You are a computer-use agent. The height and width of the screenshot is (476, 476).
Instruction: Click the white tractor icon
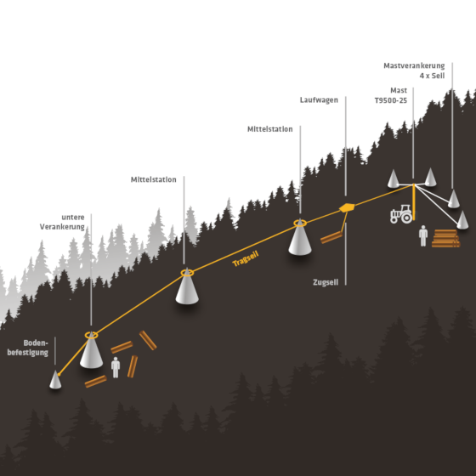[401, 214]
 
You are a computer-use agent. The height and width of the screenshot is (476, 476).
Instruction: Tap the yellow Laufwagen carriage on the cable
[347, 207]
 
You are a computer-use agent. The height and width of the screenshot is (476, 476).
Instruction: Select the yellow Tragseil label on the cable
[246, 258]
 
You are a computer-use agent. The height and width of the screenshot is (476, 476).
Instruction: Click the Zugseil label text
[326, 282]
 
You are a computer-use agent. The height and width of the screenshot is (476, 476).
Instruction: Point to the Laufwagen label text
[319, 100]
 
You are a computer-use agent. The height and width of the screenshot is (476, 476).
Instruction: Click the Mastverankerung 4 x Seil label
[414, 71]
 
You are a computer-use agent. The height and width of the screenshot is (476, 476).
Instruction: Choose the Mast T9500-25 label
[391, 95]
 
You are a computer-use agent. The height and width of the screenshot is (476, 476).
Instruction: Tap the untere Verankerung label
[62, 222]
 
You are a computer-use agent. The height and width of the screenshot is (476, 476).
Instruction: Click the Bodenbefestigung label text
[27, 348]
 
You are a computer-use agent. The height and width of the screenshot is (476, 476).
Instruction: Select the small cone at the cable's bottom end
[55, 379]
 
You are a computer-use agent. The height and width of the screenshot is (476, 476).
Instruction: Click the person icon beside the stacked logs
[423, 236]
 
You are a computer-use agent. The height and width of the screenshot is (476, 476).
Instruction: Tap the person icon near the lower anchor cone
[116, 367]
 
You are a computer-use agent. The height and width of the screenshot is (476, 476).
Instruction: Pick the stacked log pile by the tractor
[445, 238]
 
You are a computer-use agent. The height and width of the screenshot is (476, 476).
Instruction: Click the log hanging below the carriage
[331, 237]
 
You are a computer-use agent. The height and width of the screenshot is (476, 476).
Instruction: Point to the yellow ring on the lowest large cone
[91, 335]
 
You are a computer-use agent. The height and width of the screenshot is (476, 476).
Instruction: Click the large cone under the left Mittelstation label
[187, 287]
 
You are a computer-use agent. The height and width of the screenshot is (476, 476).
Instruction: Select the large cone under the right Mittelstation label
[300, 238]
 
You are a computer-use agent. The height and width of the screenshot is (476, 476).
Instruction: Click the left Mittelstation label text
[153, 179]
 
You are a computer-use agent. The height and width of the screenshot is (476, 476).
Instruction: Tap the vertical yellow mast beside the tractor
[413, 202]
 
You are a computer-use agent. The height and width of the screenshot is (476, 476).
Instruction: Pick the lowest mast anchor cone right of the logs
[462, 220]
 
